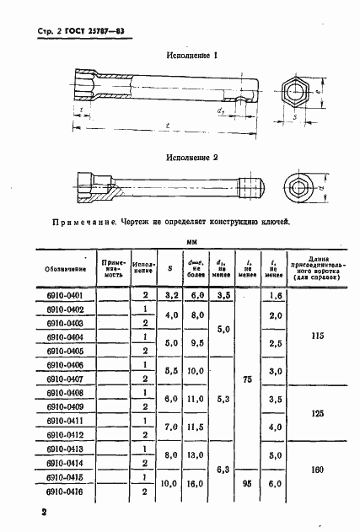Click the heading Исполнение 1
192,56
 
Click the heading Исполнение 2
192,158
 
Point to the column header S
171,269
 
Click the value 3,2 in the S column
171,295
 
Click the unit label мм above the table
192,239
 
